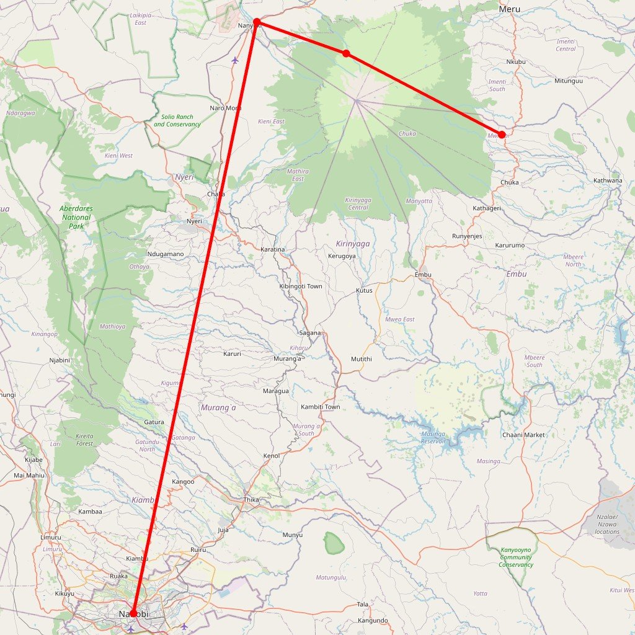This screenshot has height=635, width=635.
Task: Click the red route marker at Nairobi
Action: point(133,613)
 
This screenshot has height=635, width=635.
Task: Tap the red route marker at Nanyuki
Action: point(257,22)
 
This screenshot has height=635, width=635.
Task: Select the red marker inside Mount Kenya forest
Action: point(346,54)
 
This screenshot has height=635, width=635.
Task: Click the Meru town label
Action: point(509,9)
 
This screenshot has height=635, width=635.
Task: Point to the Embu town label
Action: point(423,275)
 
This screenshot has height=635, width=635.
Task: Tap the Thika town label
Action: point(251,500)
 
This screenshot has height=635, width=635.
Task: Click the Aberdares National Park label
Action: point(76,217)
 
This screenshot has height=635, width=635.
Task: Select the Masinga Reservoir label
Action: point(433,437)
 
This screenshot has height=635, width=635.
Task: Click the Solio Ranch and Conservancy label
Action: point(177,120)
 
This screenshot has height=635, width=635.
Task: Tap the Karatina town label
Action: point(273,249)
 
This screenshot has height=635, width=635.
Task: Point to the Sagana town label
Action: point(310,333)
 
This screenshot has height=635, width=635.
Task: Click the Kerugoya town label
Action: point(342,255)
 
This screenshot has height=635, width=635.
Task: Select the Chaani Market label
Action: point(523,435)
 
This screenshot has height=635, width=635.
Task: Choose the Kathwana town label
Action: point(608,180)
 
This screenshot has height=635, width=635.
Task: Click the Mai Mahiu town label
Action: point(29,476)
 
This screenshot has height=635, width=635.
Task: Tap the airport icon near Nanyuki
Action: point(234,61)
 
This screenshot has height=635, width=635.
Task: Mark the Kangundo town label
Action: point(373,620)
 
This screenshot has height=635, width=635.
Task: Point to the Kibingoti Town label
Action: point(301,286)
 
